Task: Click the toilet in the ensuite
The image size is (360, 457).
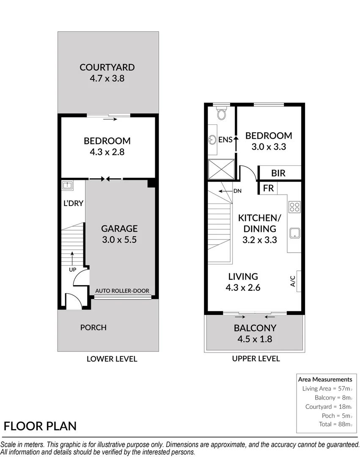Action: click(221, 113)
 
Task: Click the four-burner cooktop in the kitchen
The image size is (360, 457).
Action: click(294, 207)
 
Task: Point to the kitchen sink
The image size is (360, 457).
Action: click(294, 233)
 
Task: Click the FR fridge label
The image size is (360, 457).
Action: click(268, 188)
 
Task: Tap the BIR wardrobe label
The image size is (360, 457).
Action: click(278, 173)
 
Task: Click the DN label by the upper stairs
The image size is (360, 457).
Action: click(237, 191)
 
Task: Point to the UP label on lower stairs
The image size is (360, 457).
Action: click(73, 269)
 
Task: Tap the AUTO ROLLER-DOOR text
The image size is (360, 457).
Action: click(123, 291)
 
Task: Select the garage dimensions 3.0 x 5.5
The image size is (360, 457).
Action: click(119, 239)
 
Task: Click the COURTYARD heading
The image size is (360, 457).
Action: click(107, 67)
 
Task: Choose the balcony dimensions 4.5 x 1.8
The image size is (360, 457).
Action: click(255, 339)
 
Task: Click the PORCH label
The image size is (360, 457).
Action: click(93, 327)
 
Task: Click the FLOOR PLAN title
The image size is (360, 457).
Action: click(41, 426)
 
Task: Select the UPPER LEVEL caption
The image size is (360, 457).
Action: click(256, 358)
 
